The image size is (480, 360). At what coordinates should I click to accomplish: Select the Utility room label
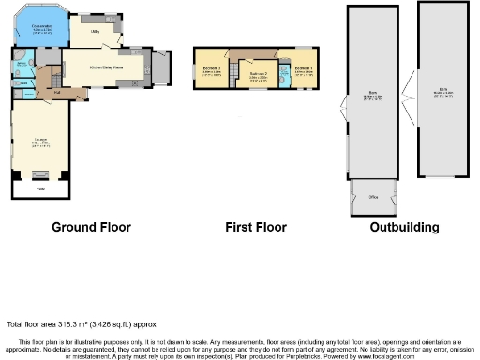coord(95,31)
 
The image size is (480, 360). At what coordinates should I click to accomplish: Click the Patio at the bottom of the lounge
coord(40,189)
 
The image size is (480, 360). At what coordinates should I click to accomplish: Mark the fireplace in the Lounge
coord(40,175)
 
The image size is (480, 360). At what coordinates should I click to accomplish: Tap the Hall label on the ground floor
coord(56,92)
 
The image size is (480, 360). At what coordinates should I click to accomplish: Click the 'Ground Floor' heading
coord(91,227)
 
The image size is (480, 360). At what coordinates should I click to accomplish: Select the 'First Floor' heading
coord(256,227)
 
